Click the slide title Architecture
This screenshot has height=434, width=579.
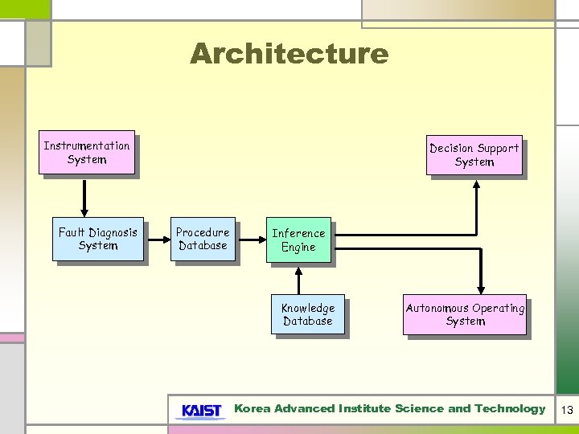pos(289,54)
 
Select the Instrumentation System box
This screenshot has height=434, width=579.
pos(87,153)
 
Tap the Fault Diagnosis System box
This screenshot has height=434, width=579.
pos(98,239)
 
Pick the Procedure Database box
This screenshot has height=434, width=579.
pos(203,239)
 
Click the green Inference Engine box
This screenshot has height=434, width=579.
pos(298,240)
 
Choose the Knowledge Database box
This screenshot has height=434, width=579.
pos(308,314)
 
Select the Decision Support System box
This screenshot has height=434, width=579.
pos(474,155)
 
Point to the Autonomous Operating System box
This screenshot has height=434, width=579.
pos(466,314)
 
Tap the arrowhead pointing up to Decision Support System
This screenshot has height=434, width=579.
pos(476,184)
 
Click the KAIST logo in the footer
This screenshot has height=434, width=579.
pos(201,411)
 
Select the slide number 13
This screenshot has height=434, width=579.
pos(567,410)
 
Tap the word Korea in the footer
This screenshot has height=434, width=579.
pos(252,408)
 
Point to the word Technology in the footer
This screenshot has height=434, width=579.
pos(509,408)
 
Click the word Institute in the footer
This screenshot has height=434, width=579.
pos(365,408)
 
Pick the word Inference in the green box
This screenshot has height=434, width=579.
pos(298,233)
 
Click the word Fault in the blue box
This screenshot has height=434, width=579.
pos(72,232)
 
